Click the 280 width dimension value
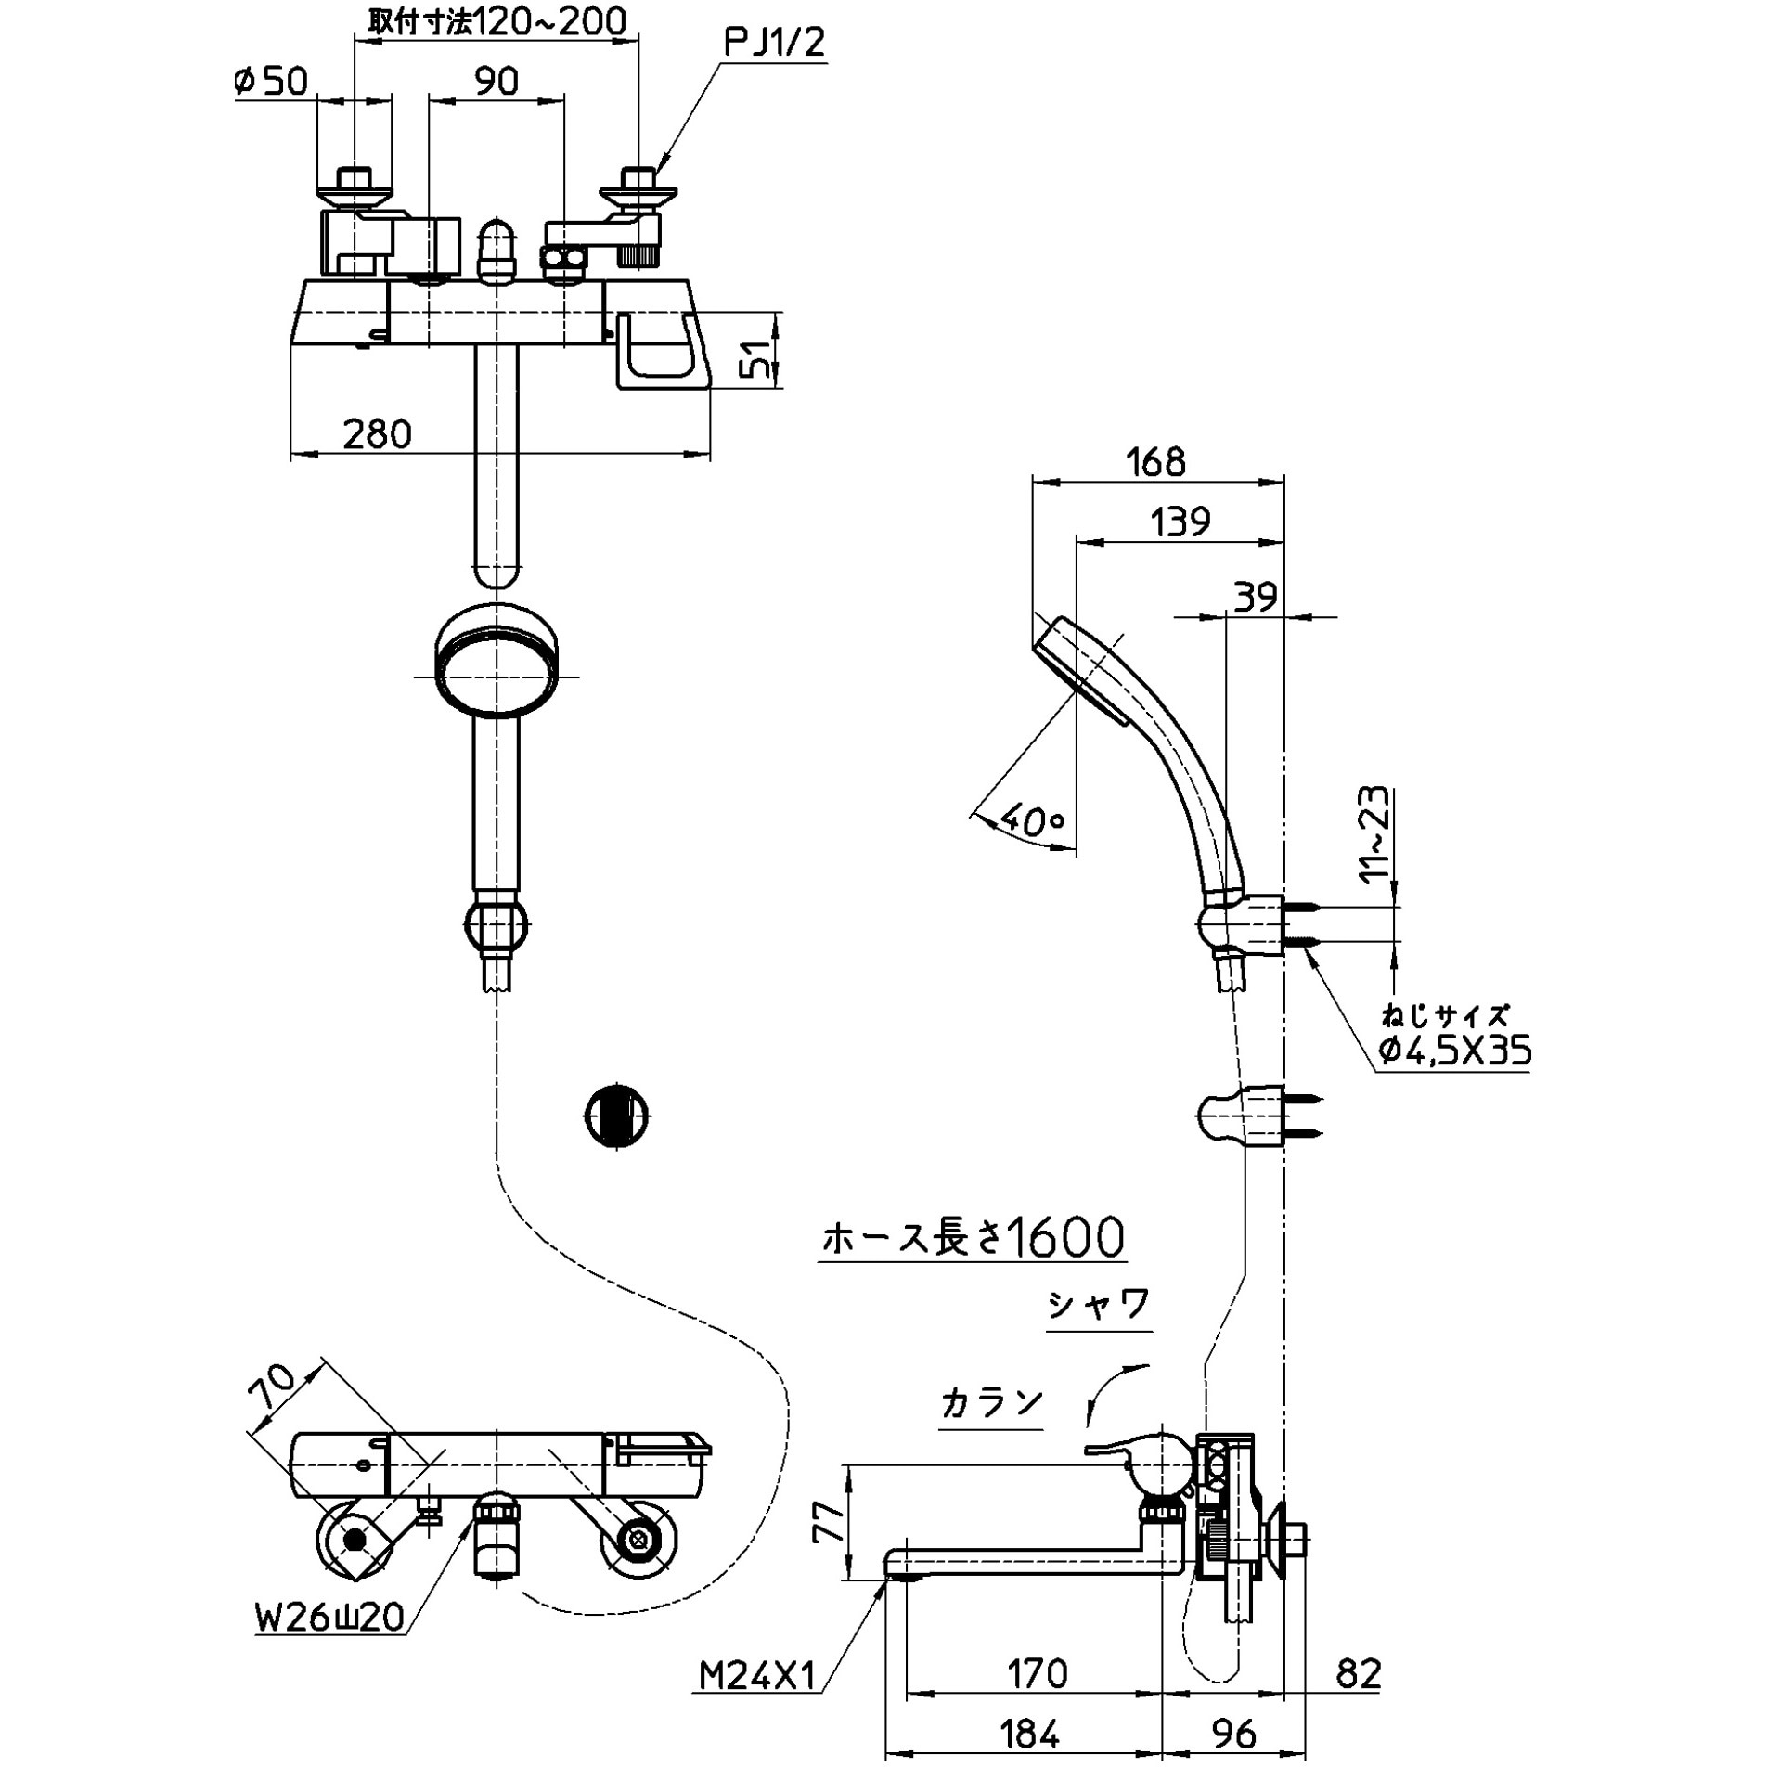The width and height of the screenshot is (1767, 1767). pyautogui.click(x=377, y=433)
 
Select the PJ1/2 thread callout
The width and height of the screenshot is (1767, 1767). pyautogui.click(x=774, y=42)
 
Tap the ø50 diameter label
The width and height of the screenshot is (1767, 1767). pyautogui.click(x=271, y=81)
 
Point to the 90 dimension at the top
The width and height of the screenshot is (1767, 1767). pyautogui.click(x=497, y=81)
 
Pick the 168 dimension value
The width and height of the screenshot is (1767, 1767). pyautogui.click(x=1156, y=461)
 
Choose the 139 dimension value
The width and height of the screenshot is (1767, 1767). pyautogui.click(x=1180, y=522)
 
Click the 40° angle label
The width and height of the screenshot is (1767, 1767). pyautogui.click(x=1032, y=821)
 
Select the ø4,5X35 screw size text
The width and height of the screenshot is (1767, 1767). pyautogui.click(x=1454, y=1050)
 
